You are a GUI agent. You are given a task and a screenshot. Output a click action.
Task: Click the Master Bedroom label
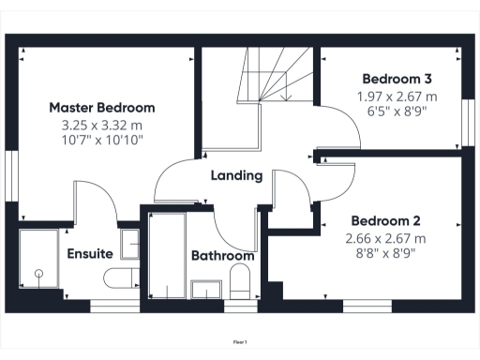point(102,108)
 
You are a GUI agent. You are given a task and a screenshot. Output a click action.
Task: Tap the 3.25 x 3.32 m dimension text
point(102,124)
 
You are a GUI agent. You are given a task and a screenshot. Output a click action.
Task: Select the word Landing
point(236,175)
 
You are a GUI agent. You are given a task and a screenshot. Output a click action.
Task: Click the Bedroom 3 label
point(397,80)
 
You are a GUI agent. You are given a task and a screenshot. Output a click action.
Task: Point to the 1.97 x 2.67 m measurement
point(397,96)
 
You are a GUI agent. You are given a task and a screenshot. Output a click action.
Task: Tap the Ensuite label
point(90,254)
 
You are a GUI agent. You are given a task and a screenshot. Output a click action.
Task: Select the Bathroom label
point(222,256)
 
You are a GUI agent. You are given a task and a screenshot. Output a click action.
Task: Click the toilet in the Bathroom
point(239,281)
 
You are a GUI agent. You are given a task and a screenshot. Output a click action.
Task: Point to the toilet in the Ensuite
point(122,278)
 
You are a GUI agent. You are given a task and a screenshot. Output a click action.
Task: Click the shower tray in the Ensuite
point(39,262)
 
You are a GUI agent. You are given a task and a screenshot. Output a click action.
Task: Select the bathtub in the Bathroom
point(167,257)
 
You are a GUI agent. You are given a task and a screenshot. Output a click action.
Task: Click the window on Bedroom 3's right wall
point(466,121)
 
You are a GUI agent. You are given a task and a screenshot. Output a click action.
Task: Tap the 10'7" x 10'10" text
point(102,140)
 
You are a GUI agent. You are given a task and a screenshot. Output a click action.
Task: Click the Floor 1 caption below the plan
point(240,343)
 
